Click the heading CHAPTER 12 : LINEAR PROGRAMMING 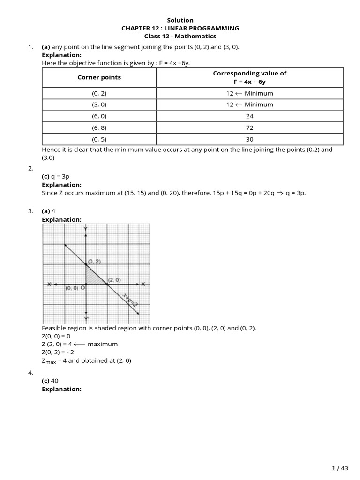tap(180, 28)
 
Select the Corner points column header tap(99, 77)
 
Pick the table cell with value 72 tap(249, 127)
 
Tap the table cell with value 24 tap(249, 116)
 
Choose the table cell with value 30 tap(249, 139)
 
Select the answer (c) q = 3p tap(56, 176)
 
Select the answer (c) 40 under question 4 tap(53, 381)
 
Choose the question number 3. tap(31, 211)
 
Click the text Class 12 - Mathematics tap(180, 36)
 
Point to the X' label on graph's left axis tap(50, 284)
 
